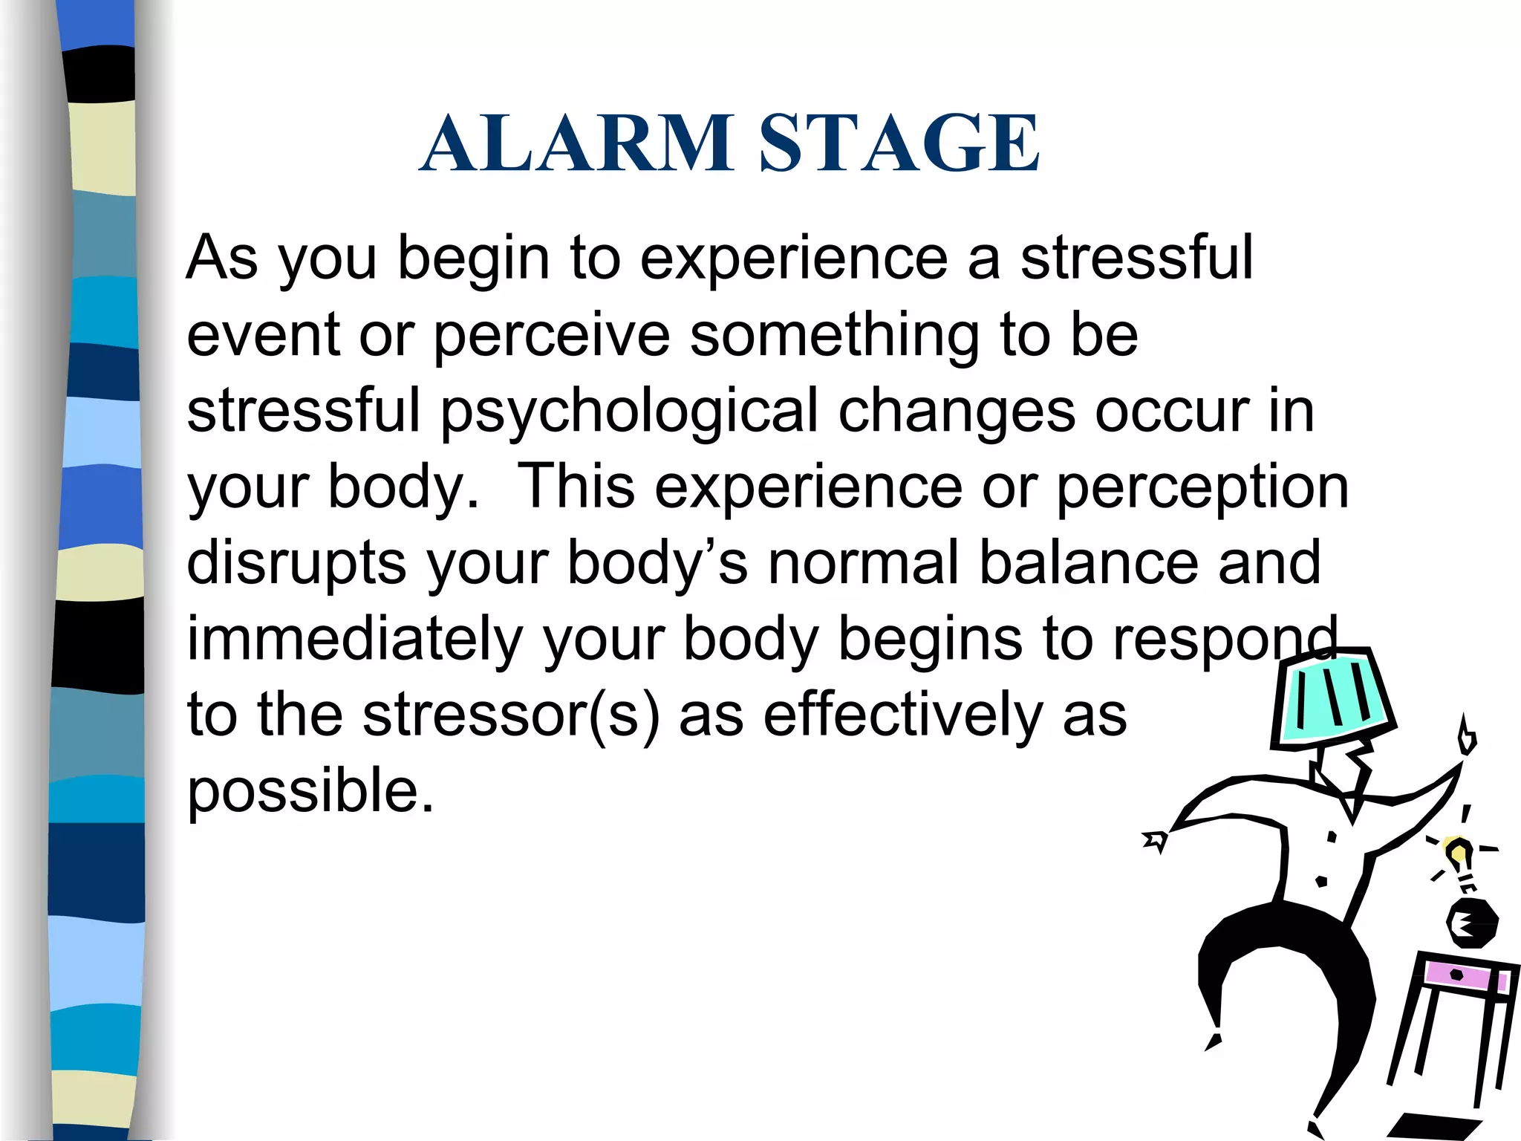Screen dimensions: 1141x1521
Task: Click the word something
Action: click(835, 335)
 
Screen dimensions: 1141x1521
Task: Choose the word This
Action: click(576, 487)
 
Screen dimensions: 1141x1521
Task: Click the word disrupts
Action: click(296, 563)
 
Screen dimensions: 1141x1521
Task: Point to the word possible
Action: click(310, 791)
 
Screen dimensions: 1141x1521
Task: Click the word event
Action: click(263, 336)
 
